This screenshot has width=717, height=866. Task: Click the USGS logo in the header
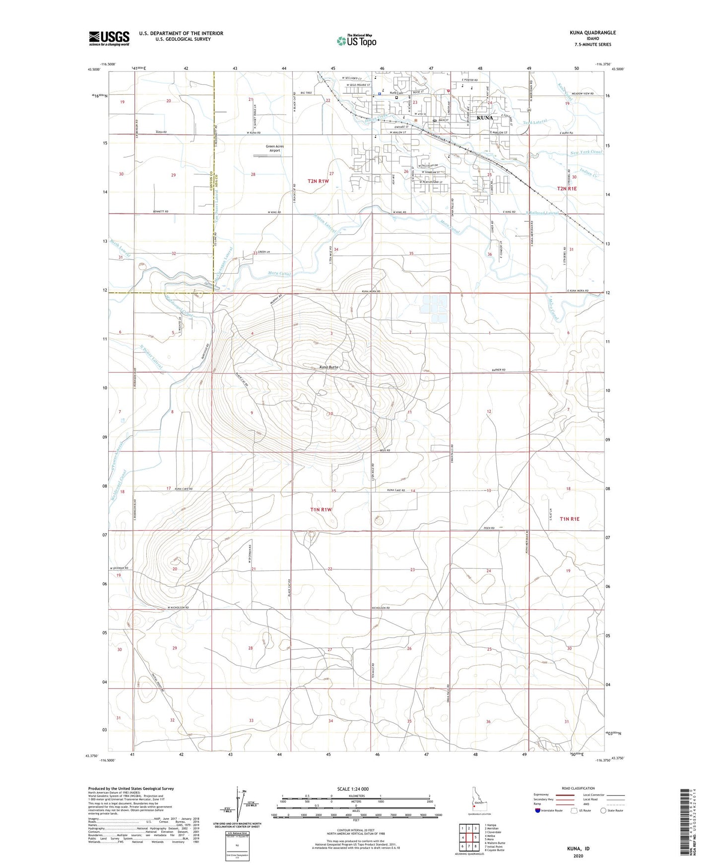(x=109, y=38)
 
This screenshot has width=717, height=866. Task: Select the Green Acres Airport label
(x=274, y=148)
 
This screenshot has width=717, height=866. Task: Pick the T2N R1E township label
(x=568, y=188)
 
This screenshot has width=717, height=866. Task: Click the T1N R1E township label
(x=569, y=519)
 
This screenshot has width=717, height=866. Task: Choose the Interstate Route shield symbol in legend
(x=538, y=810)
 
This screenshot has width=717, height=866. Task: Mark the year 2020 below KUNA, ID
(x=578, y=856)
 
